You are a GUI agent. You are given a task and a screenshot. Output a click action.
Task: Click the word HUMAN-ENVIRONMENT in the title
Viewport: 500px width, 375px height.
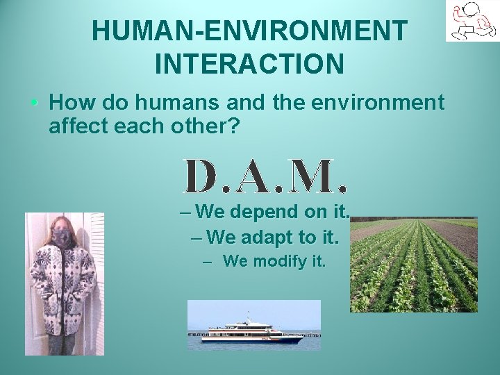[249, 31]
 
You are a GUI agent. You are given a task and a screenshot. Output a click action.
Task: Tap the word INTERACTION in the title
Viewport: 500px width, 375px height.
[249, 64]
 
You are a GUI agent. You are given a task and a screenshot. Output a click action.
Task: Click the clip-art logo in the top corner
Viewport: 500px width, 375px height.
[472, 21]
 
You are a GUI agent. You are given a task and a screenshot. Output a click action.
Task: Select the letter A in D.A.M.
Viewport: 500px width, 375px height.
[256, 176]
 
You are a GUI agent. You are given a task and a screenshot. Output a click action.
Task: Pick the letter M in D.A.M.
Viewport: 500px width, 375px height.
[315, 176]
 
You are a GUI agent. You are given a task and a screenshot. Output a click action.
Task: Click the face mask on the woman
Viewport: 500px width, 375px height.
[63, 236]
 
